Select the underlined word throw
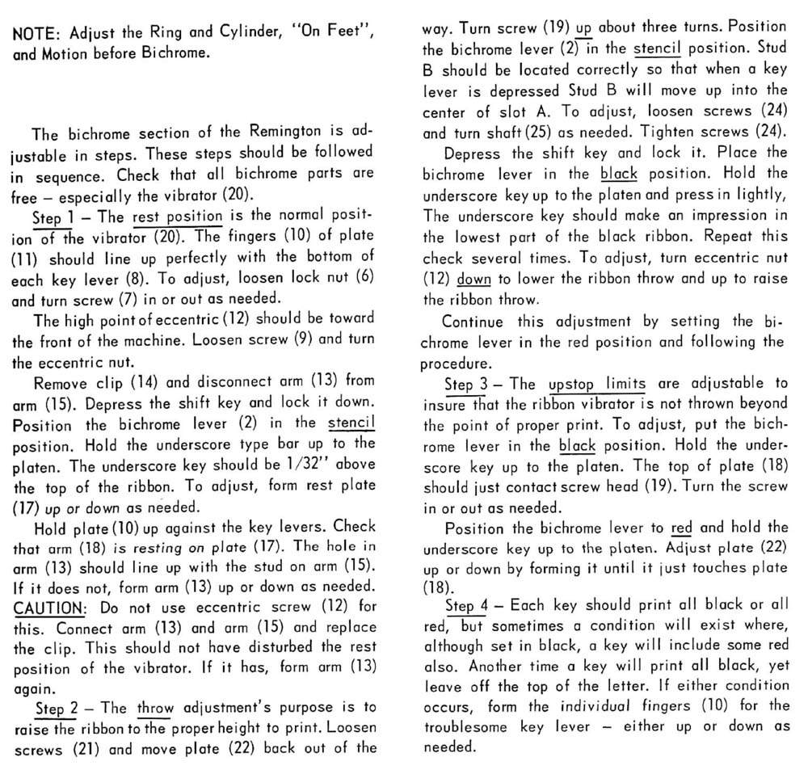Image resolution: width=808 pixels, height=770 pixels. [155, 709]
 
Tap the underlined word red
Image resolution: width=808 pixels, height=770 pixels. [681, 528]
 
